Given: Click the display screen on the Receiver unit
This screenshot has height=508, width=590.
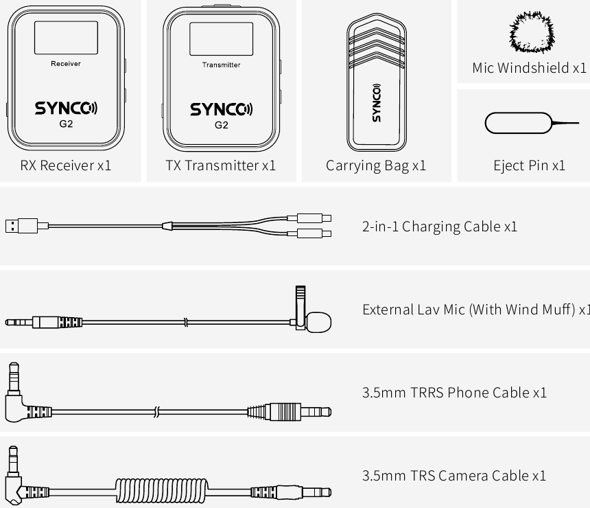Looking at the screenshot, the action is pos(67,38).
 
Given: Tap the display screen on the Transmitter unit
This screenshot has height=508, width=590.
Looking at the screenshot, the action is pos(221,39).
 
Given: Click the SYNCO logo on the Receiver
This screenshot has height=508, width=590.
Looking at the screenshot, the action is pos(67,108).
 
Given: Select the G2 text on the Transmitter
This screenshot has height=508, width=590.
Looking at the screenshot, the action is pos(221,125).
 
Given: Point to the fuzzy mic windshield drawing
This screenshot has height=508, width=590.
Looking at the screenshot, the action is pos(532,32).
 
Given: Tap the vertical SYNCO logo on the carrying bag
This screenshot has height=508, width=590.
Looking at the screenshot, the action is pos(376,103).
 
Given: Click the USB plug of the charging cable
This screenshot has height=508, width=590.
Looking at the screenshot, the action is pos(21,226).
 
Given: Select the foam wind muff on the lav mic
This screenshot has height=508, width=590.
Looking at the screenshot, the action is pos(319,323).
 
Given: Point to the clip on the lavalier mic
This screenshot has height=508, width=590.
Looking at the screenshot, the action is pos(300,308).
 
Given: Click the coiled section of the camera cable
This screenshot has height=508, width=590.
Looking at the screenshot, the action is pos(161,490).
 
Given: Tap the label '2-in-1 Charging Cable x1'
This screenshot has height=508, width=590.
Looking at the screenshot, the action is pos(440,227).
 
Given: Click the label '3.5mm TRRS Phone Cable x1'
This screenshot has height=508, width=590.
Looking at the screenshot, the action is pos(454,393).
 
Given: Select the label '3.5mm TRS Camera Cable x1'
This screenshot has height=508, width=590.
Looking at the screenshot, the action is pos(453,476).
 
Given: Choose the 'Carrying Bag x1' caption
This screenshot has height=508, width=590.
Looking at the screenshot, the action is pos(376,165).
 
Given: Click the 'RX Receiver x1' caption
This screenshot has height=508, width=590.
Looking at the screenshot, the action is pos(66,165).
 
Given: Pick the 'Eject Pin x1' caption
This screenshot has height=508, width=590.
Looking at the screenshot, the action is pos(530,165).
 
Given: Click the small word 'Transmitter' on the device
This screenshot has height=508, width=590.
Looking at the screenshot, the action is pos(221,65).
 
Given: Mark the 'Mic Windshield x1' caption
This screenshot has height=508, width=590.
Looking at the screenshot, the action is pos(530,68).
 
